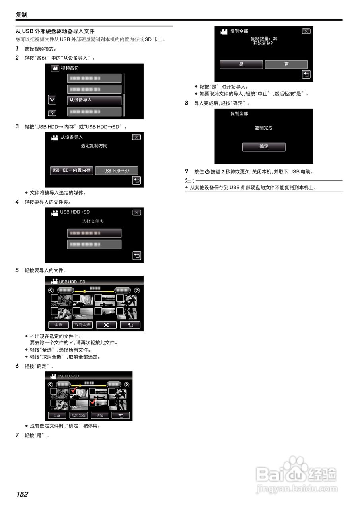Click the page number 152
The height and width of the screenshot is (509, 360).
pos(22,494)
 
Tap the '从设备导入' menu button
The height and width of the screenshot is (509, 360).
pos(94,100)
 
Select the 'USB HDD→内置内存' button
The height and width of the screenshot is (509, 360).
pos(72,170)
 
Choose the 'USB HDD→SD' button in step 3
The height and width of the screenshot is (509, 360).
pos(117,171)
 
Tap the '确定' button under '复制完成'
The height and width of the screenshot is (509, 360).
pos(264,146)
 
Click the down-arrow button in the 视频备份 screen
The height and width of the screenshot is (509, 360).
pos(52,99)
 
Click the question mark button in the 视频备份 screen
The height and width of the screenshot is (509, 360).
pos(52,113)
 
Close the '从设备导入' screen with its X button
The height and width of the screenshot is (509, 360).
pos(136,137)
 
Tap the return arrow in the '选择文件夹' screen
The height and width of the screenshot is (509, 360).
pos(136,256)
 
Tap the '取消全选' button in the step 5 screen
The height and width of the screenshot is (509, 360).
pos(82,325)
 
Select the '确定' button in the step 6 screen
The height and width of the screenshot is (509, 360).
pos(100,415)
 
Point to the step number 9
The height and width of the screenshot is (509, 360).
pos(187,171)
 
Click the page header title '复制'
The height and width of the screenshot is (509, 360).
pos(21,15)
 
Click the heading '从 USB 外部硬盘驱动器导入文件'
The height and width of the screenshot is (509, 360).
pos(54,31)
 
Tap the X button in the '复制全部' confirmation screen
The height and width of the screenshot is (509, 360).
pos(306,31)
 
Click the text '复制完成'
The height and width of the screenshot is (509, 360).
pos(264,128)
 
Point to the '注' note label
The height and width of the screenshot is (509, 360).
pos(188,181)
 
